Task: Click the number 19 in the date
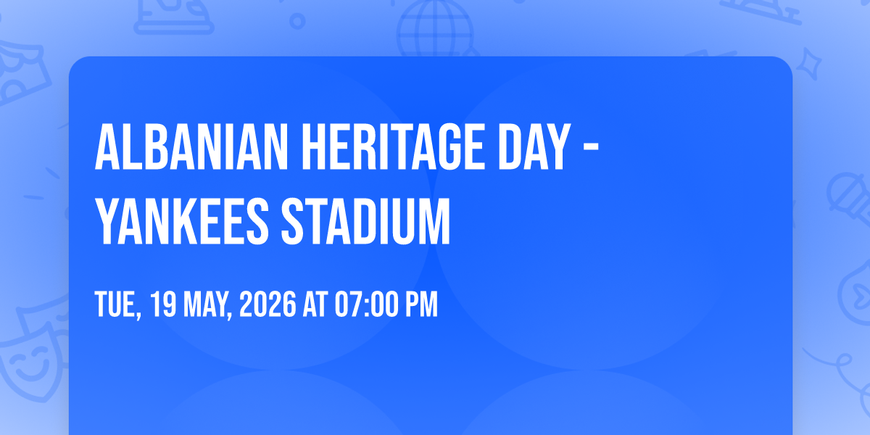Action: click(165, 305)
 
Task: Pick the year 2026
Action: click(268, 305)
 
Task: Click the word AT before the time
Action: click(317, 305)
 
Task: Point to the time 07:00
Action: click(366, 305)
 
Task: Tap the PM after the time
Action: click(421, 305)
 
